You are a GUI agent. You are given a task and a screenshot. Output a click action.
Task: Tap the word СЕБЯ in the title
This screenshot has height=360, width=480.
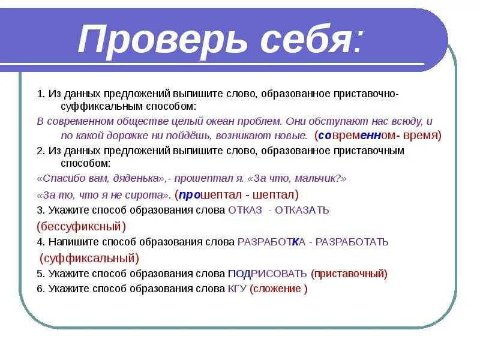coord(304,40)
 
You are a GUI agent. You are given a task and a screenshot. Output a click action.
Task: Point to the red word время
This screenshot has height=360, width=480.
coord(421,136)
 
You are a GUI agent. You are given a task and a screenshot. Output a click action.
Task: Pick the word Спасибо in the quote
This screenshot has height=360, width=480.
coord(62,179)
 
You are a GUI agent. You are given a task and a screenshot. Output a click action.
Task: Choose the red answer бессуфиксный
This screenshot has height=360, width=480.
coord(81,226)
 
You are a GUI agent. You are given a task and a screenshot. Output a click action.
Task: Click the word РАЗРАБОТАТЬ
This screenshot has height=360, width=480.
coord(352,242)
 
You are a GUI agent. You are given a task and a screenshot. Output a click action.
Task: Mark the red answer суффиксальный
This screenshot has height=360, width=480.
coord(89,258)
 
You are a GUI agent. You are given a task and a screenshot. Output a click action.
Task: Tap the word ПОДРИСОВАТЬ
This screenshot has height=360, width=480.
coord(268,274)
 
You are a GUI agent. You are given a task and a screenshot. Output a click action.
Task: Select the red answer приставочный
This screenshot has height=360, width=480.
coord(349,274)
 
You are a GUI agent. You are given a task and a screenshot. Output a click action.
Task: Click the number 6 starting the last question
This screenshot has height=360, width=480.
coord(39,289)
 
